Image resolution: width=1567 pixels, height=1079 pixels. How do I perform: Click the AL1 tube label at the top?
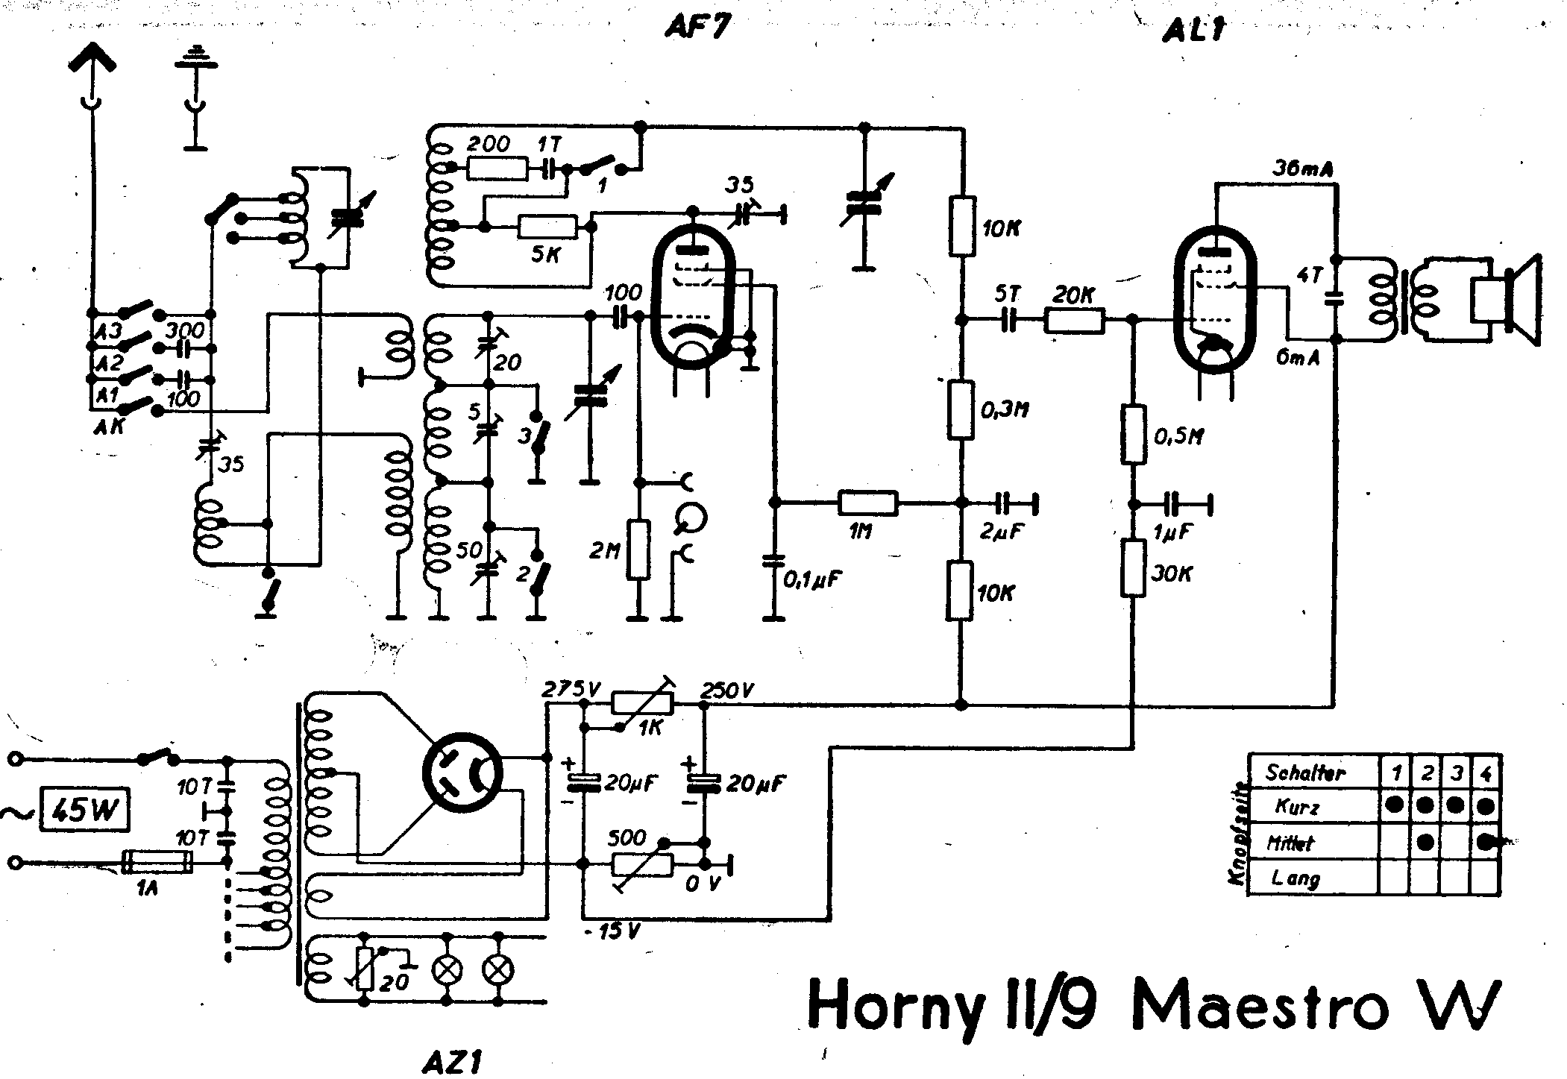[x=1193, y=31]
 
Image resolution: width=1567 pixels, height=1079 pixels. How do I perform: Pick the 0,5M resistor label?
[x=1179, y=436]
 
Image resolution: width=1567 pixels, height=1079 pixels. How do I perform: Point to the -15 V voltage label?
[x=612, y=931]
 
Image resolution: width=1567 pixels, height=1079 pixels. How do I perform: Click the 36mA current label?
[x=1303, y=171]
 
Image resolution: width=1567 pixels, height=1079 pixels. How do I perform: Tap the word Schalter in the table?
[x=1305, y=773]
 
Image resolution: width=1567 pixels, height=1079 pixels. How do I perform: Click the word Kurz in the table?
[x=1297, y=807]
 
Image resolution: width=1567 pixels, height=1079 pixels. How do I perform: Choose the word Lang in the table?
[x=1296, y=878]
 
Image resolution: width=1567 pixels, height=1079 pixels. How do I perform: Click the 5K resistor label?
[x=547, y=254]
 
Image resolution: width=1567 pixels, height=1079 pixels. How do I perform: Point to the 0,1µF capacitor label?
[x=811, y=579]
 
